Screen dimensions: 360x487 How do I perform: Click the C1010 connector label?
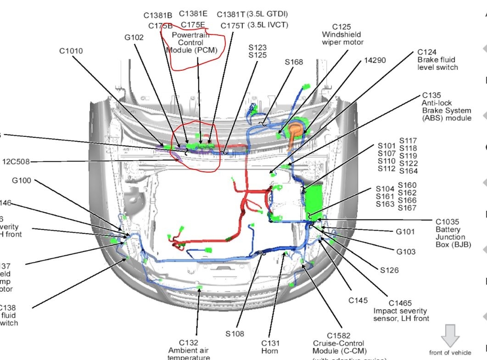coord(71,51)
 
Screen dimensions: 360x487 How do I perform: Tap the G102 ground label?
coord(134,37)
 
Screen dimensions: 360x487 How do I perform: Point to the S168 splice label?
coord(294,62)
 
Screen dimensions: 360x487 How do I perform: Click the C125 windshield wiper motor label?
coord(342,34)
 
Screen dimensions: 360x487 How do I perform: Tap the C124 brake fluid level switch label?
coord(437,60)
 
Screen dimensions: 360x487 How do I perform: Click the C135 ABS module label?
coord(446,107)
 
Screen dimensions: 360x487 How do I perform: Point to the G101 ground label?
coord(405,231)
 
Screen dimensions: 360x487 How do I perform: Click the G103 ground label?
coord(406,252)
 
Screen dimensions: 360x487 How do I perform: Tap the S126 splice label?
coord(389,270)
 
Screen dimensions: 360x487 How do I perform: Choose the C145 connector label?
coord(358,300)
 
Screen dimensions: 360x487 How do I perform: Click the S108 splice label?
coord(235,334)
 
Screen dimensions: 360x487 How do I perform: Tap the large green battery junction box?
coord(315,202)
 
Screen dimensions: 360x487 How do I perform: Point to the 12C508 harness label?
coord(17,161)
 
